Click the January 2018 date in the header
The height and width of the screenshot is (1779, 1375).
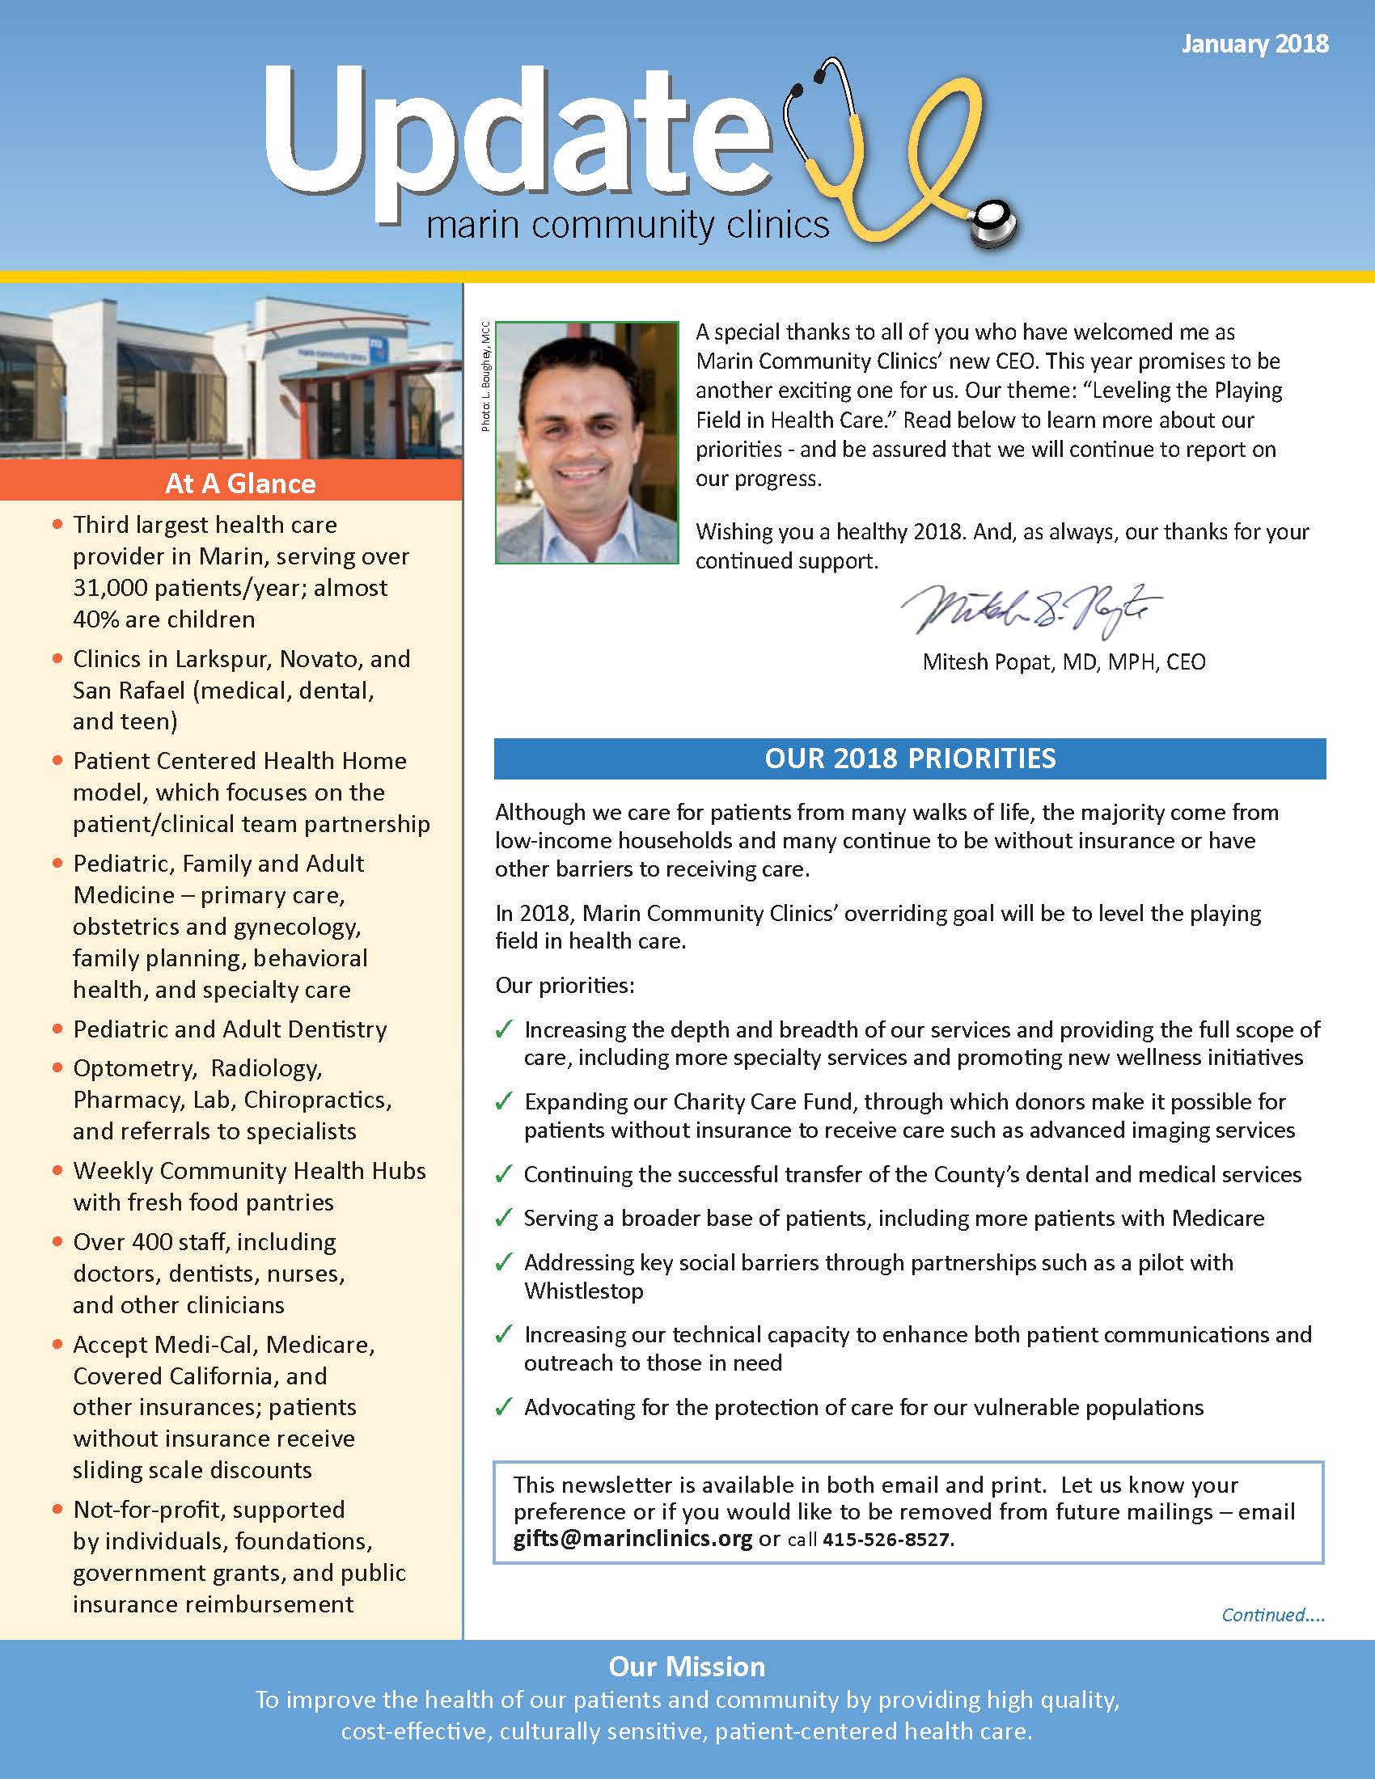(x=1254, y=43)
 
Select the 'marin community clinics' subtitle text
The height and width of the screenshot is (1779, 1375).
(x=627, y=224)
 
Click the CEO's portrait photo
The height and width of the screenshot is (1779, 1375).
(x=586, y=442)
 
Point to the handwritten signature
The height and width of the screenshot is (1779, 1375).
(x=1030, y=610)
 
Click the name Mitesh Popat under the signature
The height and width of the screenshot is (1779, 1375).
(x=988, y=661)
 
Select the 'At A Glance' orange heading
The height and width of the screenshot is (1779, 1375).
(x=239, y=483)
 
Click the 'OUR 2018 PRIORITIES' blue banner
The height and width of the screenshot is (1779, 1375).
(x=909, y=759)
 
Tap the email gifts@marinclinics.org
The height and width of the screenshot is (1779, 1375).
(x=632, y=1539)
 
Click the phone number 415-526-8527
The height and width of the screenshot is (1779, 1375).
(x=886, y=1540)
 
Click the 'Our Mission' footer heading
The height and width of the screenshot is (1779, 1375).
(x=687, y=1667)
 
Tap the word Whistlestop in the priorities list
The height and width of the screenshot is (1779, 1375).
(x=583, y=1291)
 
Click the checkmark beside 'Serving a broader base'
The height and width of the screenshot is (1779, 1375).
(x=503, y=1218)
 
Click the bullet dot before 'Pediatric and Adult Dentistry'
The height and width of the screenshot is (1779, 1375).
(x=57, y=1029)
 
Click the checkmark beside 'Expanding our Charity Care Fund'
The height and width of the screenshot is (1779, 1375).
(x=503, y=1102)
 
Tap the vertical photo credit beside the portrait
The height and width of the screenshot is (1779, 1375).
(x=485, y=376)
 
